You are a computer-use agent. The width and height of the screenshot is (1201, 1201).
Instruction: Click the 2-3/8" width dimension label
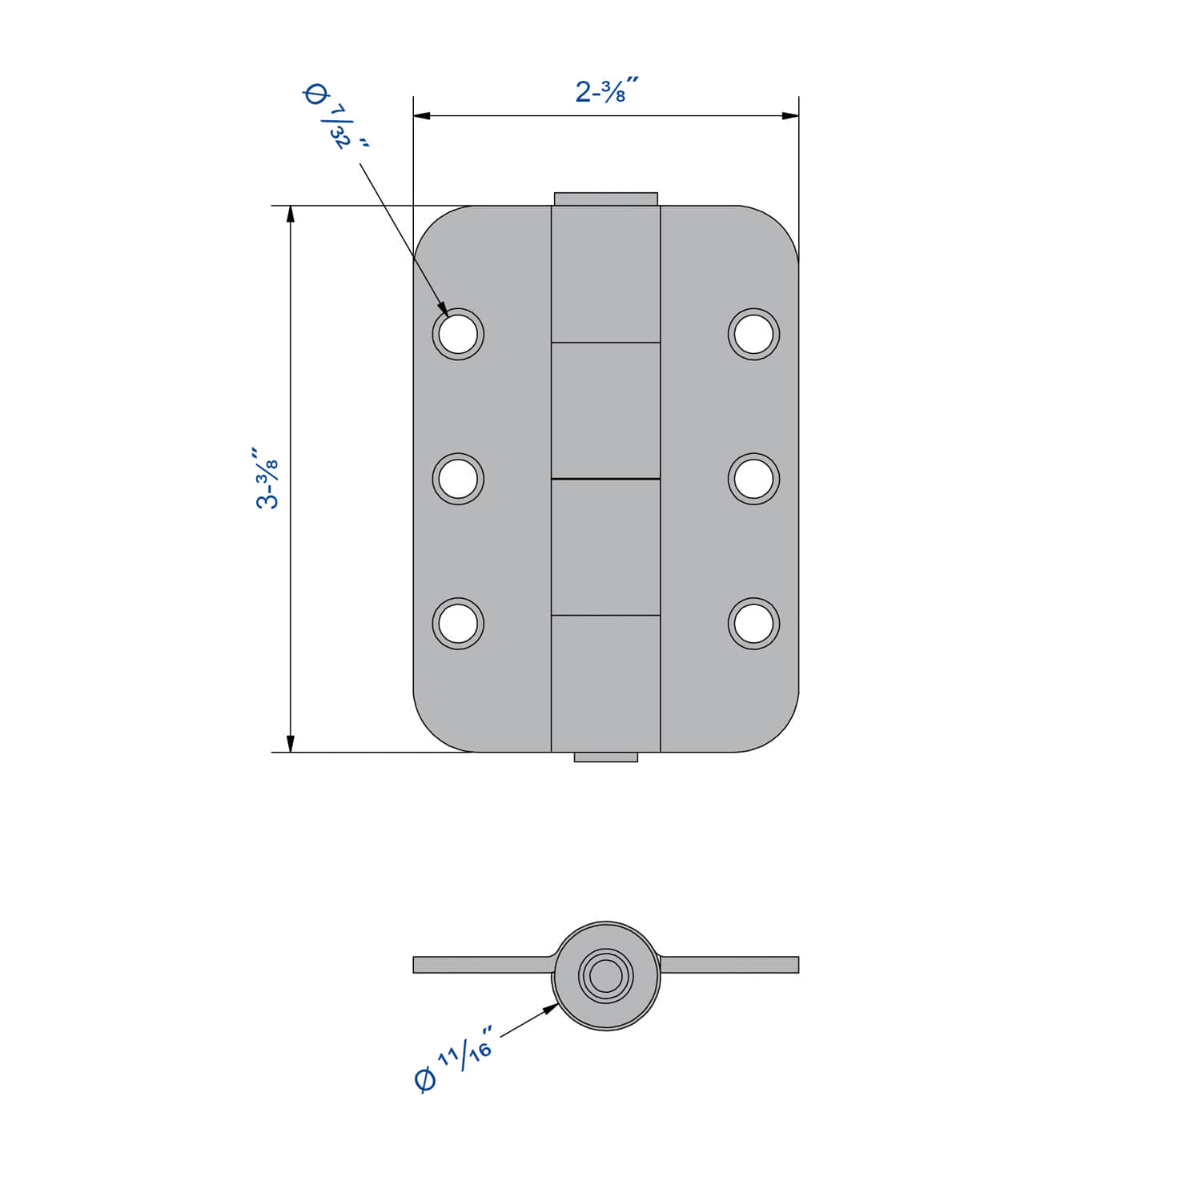tap(606, 90)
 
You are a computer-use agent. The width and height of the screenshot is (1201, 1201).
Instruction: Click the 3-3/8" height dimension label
tap(267, 479)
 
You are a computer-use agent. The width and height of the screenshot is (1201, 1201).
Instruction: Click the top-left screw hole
tap(458, 334)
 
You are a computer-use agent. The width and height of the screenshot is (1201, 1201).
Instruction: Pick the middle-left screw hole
tap(458, 479)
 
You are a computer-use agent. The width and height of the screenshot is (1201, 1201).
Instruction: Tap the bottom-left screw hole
tap(458, 623)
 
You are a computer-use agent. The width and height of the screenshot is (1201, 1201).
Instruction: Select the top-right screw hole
tap(753, 334)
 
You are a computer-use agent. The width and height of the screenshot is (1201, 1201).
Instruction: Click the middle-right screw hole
tap(753, 479)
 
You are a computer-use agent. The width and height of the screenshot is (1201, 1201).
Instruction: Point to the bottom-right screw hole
tap(753, 623)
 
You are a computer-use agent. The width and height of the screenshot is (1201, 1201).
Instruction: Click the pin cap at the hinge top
tap(605, 199)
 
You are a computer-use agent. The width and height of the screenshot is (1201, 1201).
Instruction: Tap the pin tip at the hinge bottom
tap(605, 757)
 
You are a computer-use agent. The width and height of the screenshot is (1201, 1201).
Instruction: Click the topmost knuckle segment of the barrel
tap(605, 274)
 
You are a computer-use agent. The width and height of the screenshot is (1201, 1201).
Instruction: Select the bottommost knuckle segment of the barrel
tap(605, 683)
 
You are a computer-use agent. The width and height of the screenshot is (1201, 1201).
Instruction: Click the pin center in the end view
tap(606, 975)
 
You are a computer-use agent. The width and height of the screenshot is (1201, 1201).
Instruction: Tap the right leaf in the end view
tap(729, 965)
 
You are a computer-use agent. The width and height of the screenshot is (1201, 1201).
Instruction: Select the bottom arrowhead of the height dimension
tap(291, 744)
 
